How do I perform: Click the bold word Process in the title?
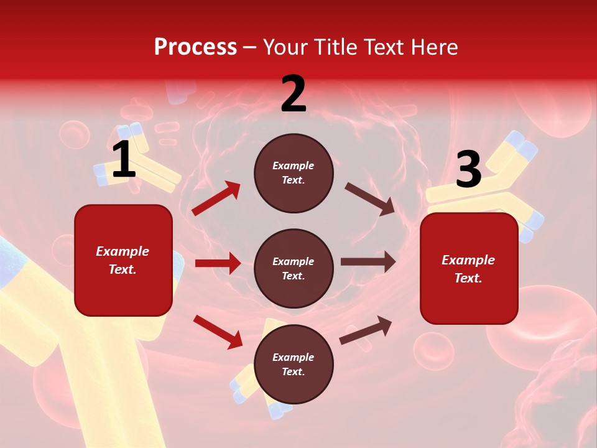(195, 47)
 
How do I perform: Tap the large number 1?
(123, 160)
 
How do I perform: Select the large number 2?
(294, 94)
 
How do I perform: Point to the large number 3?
(468, 169)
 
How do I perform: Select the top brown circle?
(294, 173)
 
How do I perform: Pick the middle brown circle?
(294, 268)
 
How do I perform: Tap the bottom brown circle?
(294, 364)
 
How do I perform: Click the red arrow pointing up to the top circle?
(216, 198)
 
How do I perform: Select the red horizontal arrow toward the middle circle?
(218, 263)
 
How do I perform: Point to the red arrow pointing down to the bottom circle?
(218, 332)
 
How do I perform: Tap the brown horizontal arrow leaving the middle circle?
(368, 262)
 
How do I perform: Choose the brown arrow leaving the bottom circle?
(366, 330)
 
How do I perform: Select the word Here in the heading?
(434, 47)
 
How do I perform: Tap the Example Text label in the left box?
(123, 260)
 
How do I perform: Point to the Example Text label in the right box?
(468, 269)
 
